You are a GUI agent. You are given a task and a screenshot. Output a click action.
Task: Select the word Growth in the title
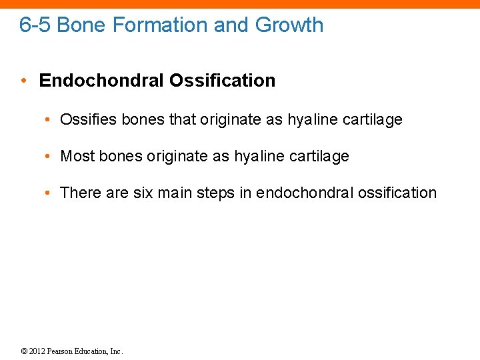coord(289,25)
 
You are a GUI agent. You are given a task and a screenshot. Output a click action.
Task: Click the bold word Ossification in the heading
coord(222,81)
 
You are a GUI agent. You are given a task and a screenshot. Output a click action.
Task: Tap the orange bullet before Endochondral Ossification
coord(23,81)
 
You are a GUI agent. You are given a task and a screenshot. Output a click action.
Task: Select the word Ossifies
coord(85,120)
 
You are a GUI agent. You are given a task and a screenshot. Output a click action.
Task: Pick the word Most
coord(77,156)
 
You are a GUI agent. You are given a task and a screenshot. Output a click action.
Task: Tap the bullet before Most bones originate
coord(50,157)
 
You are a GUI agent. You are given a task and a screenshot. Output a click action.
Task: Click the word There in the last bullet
coord(80,193)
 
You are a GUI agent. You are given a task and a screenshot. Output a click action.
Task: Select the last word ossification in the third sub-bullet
coord(397,193)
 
